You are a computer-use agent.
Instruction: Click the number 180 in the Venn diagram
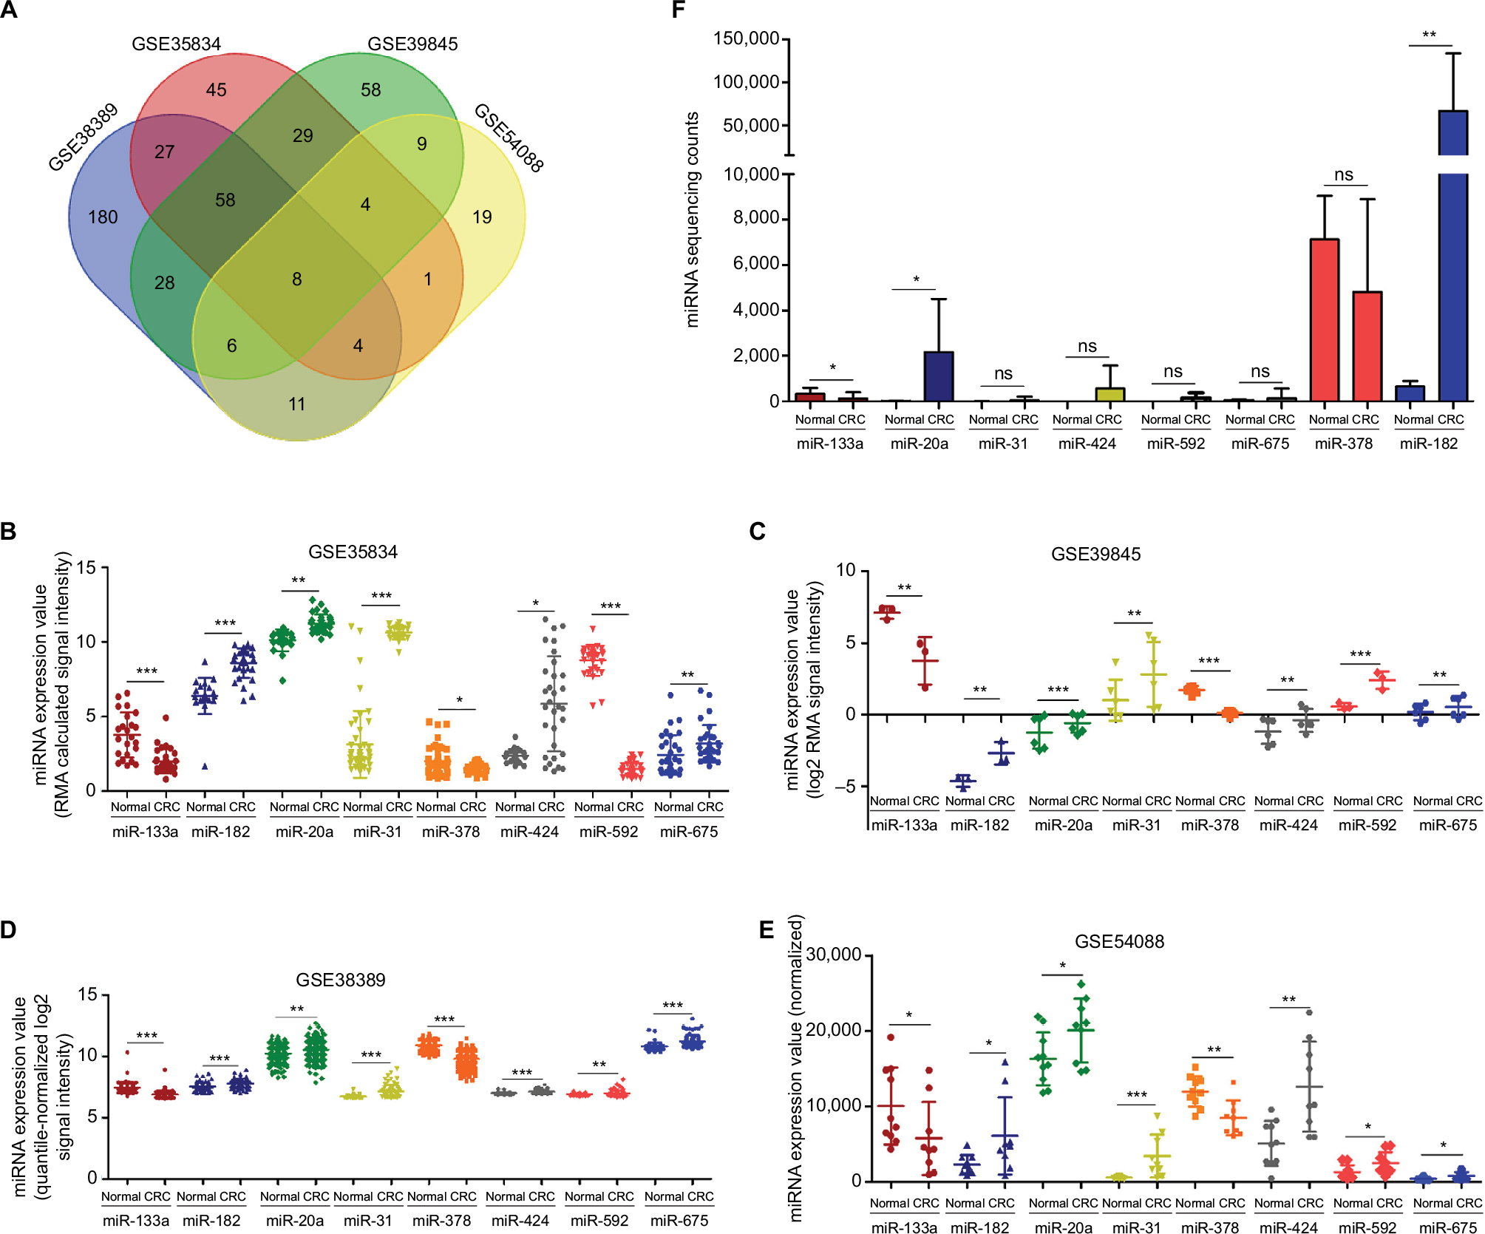(x=103, y=217)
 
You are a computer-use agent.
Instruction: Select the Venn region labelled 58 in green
(x=370, y=89)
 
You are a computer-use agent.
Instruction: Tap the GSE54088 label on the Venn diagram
(x=509, y=138)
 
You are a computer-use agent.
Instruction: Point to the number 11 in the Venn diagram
(x=296, y=404)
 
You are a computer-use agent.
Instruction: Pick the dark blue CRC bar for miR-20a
(x=939, y=376)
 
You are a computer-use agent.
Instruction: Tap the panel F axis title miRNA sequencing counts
(x=692, y=220)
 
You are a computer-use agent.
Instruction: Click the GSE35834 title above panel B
(x=353, y=552)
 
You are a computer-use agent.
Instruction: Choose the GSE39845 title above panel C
(x=1095, y=554)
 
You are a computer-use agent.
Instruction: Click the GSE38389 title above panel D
(x=340, y=980)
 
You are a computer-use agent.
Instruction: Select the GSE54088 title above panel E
(x=1119, y=941)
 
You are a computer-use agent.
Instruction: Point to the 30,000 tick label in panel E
(x=833, y=955)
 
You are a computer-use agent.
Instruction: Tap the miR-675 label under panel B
(x=688, y=832)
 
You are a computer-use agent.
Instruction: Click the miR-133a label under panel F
(x=829, y=444)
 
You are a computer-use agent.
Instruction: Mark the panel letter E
(x=767, y=929)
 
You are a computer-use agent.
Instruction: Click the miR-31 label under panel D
(x=367, y=1221)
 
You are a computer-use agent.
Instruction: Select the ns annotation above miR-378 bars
(x=1343, y=174)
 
